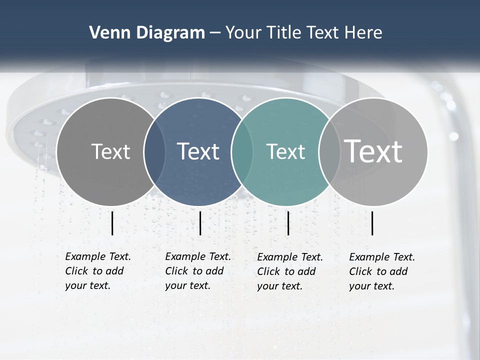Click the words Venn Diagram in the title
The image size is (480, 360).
(147, 33)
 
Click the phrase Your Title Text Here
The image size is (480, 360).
(303, 33)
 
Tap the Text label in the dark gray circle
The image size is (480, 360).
(110, 151)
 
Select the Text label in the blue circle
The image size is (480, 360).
(198, 151)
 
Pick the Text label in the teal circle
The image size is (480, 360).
(285, 151)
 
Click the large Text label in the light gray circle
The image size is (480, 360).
(373, 151)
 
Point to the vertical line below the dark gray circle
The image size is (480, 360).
(112, 223)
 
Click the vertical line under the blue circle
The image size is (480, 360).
(200, 223)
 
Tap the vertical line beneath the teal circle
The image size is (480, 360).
(288, 223)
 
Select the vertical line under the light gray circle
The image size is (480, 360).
(372, 223)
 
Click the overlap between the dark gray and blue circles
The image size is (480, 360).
(154, 151)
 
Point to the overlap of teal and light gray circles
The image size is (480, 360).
(328, 151)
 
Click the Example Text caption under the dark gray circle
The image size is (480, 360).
(98, 271)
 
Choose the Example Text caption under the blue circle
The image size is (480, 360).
(198, 271)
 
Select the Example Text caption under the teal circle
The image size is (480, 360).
(290, 271)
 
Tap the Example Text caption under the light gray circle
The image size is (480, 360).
(382, 271)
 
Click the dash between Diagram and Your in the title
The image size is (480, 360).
(215, 33)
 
